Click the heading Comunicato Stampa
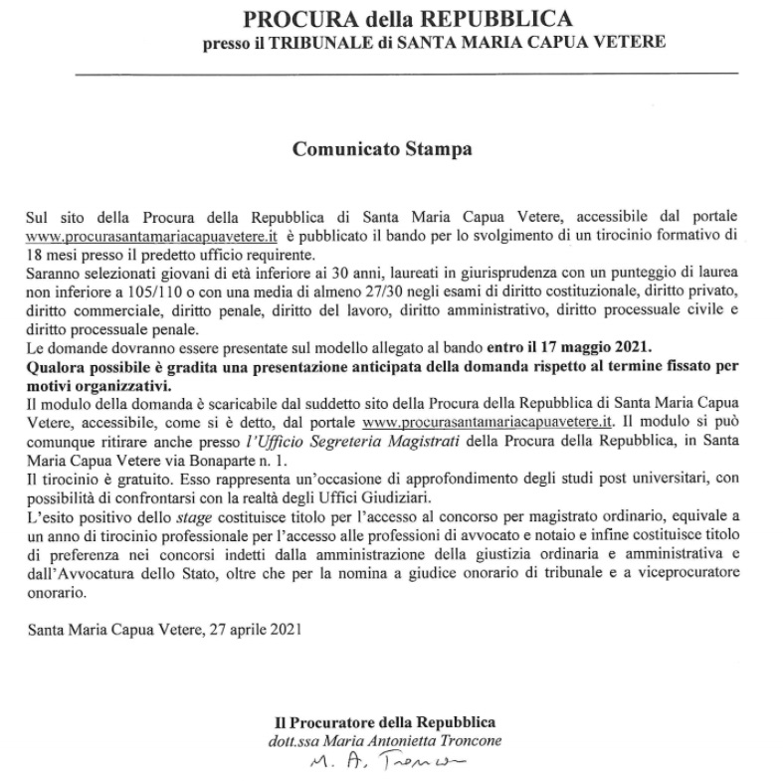(382, 150)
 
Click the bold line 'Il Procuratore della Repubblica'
(385, 721)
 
